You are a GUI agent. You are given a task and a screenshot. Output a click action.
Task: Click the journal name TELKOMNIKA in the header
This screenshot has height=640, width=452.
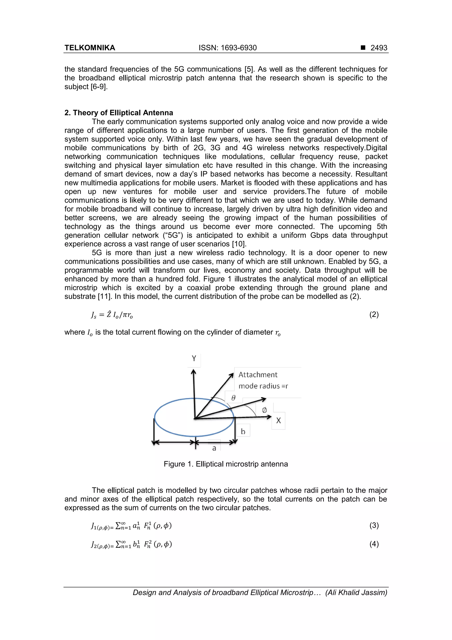pos(90,48)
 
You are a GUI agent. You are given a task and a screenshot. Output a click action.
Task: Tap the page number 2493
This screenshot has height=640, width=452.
pos(379,48)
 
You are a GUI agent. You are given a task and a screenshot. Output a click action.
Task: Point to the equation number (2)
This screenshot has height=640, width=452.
pos(374,315)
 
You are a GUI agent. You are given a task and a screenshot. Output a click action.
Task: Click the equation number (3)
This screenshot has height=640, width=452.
pos(374,525)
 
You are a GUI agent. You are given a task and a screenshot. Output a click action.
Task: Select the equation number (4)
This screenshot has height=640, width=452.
pos(374,544)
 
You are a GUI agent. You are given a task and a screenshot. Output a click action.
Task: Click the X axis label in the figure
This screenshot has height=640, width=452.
pos(278,421)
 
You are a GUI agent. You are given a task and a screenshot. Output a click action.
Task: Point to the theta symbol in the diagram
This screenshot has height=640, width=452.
pos(233,398)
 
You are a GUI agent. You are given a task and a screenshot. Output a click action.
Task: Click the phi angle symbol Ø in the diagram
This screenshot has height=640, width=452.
pos(264,410)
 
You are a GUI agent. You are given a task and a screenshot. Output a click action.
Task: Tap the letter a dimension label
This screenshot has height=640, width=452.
pos(214,448)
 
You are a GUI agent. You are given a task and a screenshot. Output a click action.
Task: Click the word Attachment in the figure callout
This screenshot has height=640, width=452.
pos(258,375)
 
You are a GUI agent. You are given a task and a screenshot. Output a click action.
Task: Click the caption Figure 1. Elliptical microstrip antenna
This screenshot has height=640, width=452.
pos(226,464)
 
